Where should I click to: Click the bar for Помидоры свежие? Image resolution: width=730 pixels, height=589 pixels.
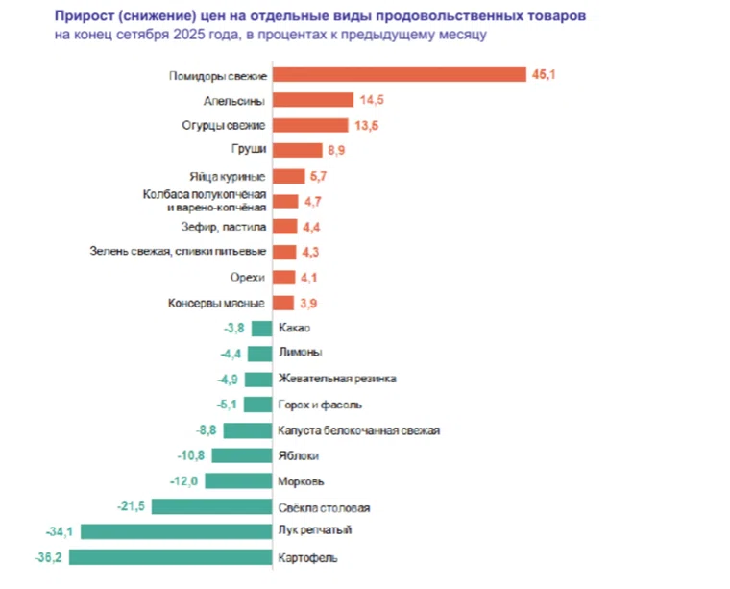400,75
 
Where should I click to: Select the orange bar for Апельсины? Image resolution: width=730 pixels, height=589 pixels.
313,100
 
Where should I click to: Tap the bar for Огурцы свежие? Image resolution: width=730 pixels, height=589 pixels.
310,125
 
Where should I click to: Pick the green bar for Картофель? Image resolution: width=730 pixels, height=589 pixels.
170,556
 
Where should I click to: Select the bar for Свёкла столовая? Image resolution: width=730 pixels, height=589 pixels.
211,506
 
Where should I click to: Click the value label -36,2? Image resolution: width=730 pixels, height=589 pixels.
48,556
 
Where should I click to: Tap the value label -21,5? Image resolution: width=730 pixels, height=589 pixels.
132,506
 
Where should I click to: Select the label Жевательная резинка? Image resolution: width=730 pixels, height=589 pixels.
336,380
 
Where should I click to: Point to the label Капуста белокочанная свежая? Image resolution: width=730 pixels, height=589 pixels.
358,430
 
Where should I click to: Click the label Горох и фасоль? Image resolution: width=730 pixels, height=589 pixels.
320,405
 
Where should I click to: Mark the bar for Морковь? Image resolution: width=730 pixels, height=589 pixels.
238,480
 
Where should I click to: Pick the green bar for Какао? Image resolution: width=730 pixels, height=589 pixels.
261,329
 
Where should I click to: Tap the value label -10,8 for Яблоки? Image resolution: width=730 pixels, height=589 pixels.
189,455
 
